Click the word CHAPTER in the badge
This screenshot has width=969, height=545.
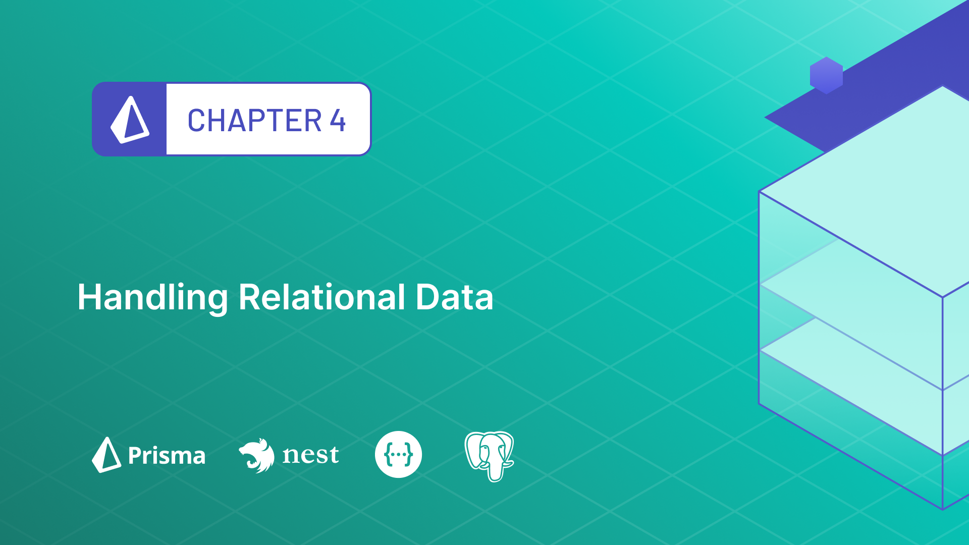pyautogui.click(x=254, y=121)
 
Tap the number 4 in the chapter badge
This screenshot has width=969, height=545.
pyautogui.click(x=338, y=121)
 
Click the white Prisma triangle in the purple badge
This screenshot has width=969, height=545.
pyautogui.click(x=130, y=120)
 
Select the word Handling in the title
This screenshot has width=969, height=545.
pyautogui.click(x=152, y=297)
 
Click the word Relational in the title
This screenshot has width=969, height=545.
pyautogui.click(x=321, y=297)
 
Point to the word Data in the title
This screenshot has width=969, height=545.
pyautogui.click(x=454, y=297)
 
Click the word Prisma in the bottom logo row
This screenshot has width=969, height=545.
pyautogui.click(x=167, y=456)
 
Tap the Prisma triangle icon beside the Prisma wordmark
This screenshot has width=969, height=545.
pyautogui.click(x=106, y=455)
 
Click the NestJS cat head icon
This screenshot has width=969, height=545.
pyautogui.click(x=257, y=455)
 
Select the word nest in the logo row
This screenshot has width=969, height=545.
pyautogui.click(x=310, y=455)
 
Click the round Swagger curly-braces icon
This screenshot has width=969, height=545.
pyautogui.click(x=398, y=454)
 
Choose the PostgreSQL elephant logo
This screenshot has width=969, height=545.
pyautogui.click(x=489, y=455)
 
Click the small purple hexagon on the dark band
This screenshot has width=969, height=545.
pyautogui.click(x=826, y=76)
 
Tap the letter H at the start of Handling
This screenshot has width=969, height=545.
pyautogui.click(x=89, y=297)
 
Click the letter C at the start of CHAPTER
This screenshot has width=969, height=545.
pyautogui.click(x=196, y=121)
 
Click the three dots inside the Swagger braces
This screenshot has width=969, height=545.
pyautogui.click(x=398, y=455)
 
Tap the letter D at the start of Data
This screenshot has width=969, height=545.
pyautogui.click(x=426, y=297)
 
